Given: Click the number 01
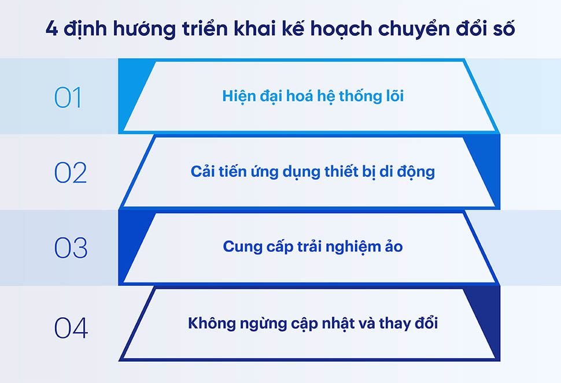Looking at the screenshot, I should click(x=68, y=98).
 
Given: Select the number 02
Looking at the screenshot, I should click(x=71, y=173).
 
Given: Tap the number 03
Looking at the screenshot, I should click(x=71, y=248).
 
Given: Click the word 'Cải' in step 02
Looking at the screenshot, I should click(x=202, y=172).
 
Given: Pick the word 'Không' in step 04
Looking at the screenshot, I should click(x=209, y=323).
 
